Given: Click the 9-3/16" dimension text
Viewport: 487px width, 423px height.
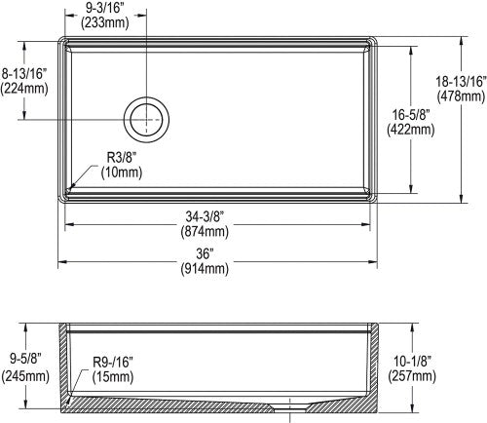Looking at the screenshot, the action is tap(105, 8).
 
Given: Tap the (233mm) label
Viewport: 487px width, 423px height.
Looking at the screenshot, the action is tap(105, 22).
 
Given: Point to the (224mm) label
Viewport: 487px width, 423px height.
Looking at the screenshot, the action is tap(24, 89).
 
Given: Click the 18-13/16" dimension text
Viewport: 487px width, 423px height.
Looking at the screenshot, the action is tap(462, 81).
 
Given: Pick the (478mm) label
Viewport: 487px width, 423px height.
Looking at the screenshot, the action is tap(461, 96).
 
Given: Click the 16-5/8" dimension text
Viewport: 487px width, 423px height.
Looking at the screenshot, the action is tap(411, 115).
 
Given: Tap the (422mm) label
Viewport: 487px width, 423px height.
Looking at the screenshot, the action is tap(411, 130).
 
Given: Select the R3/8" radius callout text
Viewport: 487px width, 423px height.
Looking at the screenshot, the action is tap(122, 158).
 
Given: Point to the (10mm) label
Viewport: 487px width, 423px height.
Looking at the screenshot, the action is tap(122, 173).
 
